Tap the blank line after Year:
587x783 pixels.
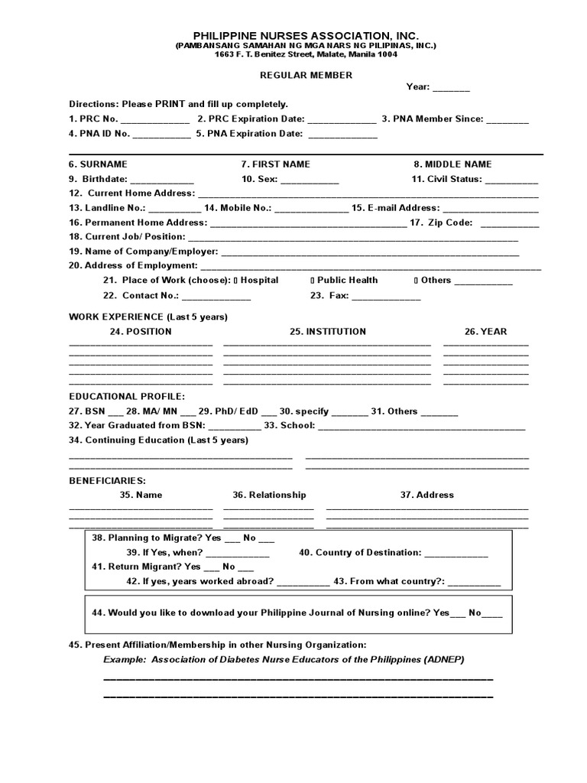(451, 89)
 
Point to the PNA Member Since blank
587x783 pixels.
(507, 120)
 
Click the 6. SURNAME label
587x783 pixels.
(98, 164)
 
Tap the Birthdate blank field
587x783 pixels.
(161, 180)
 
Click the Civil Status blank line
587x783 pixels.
(511, 180)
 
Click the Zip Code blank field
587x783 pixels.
(510, 223)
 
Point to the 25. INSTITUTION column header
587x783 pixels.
(327, 332)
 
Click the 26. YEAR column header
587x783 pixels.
(485, 332)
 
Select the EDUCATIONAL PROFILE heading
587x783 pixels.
(127, 397)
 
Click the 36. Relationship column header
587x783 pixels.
(269, 495)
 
